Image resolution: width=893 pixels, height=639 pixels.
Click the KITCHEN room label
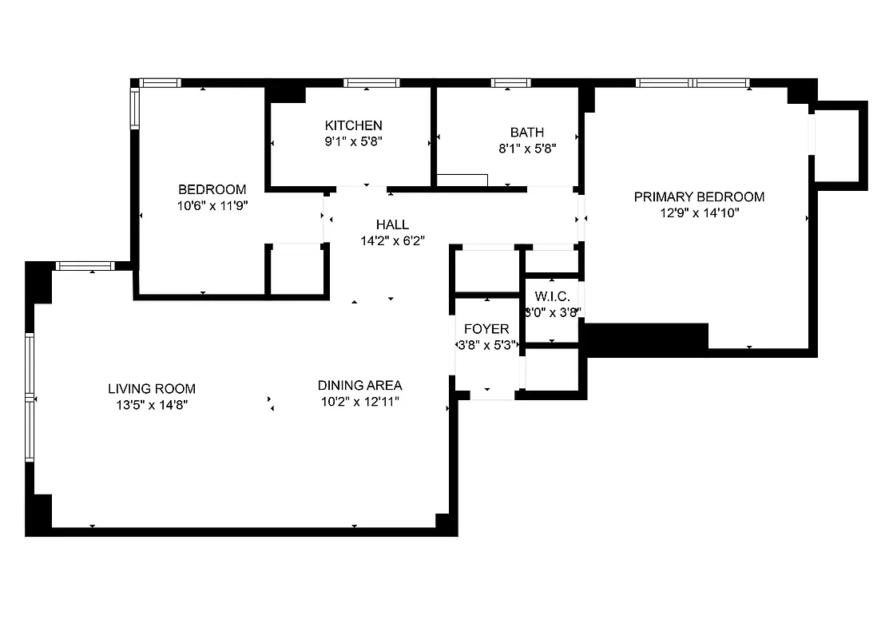[x=353, y=125]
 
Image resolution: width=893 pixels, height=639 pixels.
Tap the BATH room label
[x=526, y=132]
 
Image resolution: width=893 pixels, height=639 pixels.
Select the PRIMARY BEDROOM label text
[x=698, y=196]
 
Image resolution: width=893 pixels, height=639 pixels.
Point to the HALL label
[x=391, y=224]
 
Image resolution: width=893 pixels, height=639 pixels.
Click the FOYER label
[x=486, y=329]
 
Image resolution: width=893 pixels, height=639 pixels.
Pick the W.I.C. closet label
[x=552, y=296]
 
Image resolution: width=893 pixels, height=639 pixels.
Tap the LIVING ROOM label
[x=152, y=389]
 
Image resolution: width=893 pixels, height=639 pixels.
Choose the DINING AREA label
[x=359, y=385]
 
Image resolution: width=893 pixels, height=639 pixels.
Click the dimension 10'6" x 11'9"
[x=212, y=205]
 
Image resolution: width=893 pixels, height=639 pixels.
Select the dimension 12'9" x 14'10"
[x=698, y=212]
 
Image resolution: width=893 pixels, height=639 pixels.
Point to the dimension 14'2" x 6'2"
[x=391, y=240]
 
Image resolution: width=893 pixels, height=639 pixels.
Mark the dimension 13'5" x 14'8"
[x=152, y=405]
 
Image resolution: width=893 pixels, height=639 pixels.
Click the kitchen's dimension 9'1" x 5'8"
[x=353, y=141]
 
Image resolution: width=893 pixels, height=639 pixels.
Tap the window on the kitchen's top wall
[x=371, y=82]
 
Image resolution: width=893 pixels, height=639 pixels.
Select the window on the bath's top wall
[x=510, y=82]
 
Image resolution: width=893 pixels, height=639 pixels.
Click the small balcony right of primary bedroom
[x=838, y=145]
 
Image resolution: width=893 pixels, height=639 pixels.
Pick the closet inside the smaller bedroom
[x=296, y=271]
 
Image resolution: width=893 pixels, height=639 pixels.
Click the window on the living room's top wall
[x=86, y=266]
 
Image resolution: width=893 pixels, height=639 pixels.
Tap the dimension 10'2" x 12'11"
[x=359, y=401]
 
